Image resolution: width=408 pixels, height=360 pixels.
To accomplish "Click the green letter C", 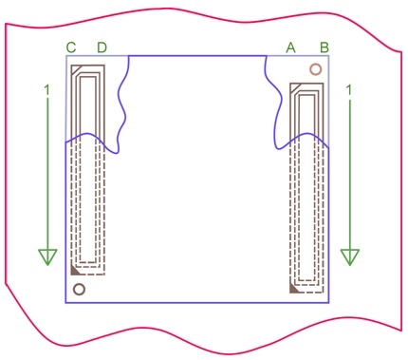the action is click(71, 47).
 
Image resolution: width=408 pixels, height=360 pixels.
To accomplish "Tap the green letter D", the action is click(102, 47).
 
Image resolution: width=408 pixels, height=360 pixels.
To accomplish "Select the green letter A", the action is click(290, 47).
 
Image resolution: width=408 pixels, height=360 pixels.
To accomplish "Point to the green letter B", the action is click(325, 47).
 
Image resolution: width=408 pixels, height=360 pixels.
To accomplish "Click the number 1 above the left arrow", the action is click(47, 90).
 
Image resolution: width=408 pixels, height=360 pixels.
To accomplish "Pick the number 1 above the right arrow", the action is click(349, 90).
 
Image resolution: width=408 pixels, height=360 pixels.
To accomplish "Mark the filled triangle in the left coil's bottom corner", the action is click(74, 271).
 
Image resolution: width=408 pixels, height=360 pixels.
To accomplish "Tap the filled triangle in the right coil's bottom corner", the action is click(293, 289).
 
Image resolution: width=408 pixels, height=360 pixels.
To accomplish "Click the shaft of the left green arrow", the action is click(47, 174).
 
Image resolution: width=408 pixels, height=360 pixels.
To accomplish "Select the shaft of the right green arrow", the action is click(350, 174).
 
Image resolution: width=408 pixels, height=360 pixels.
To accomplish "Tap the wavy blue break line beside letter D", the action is click(121, 104).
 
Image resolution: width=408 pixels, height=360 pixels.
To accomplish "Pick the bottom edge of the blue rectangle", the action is click(197, 303).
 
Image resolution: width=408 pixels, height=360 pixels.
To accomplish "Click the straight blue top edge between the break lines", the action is click(197, 56).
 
